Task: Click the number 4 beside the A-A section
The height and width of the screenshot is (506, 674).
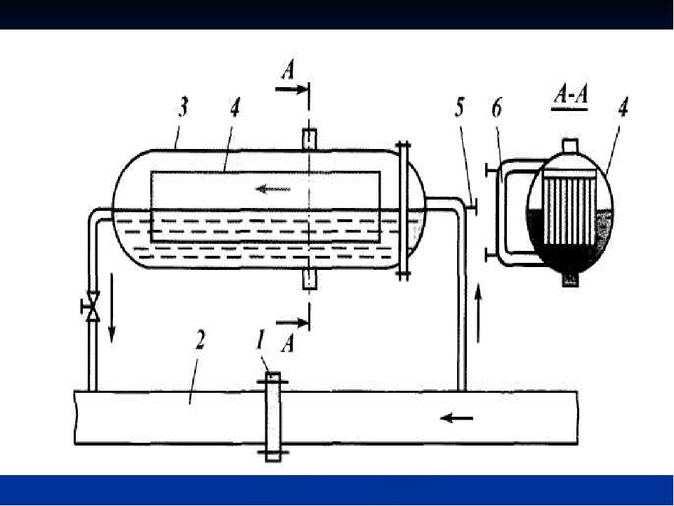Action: pos(622,109)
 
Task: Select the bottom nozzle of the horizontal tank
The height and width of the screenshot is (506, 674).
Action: pos(309,278)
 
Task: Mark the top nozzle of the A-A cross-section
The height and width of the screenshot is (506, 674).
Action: pos(570,145)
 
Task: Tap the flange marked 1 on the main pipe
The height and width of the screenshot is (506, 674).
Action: pos(272,417)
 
